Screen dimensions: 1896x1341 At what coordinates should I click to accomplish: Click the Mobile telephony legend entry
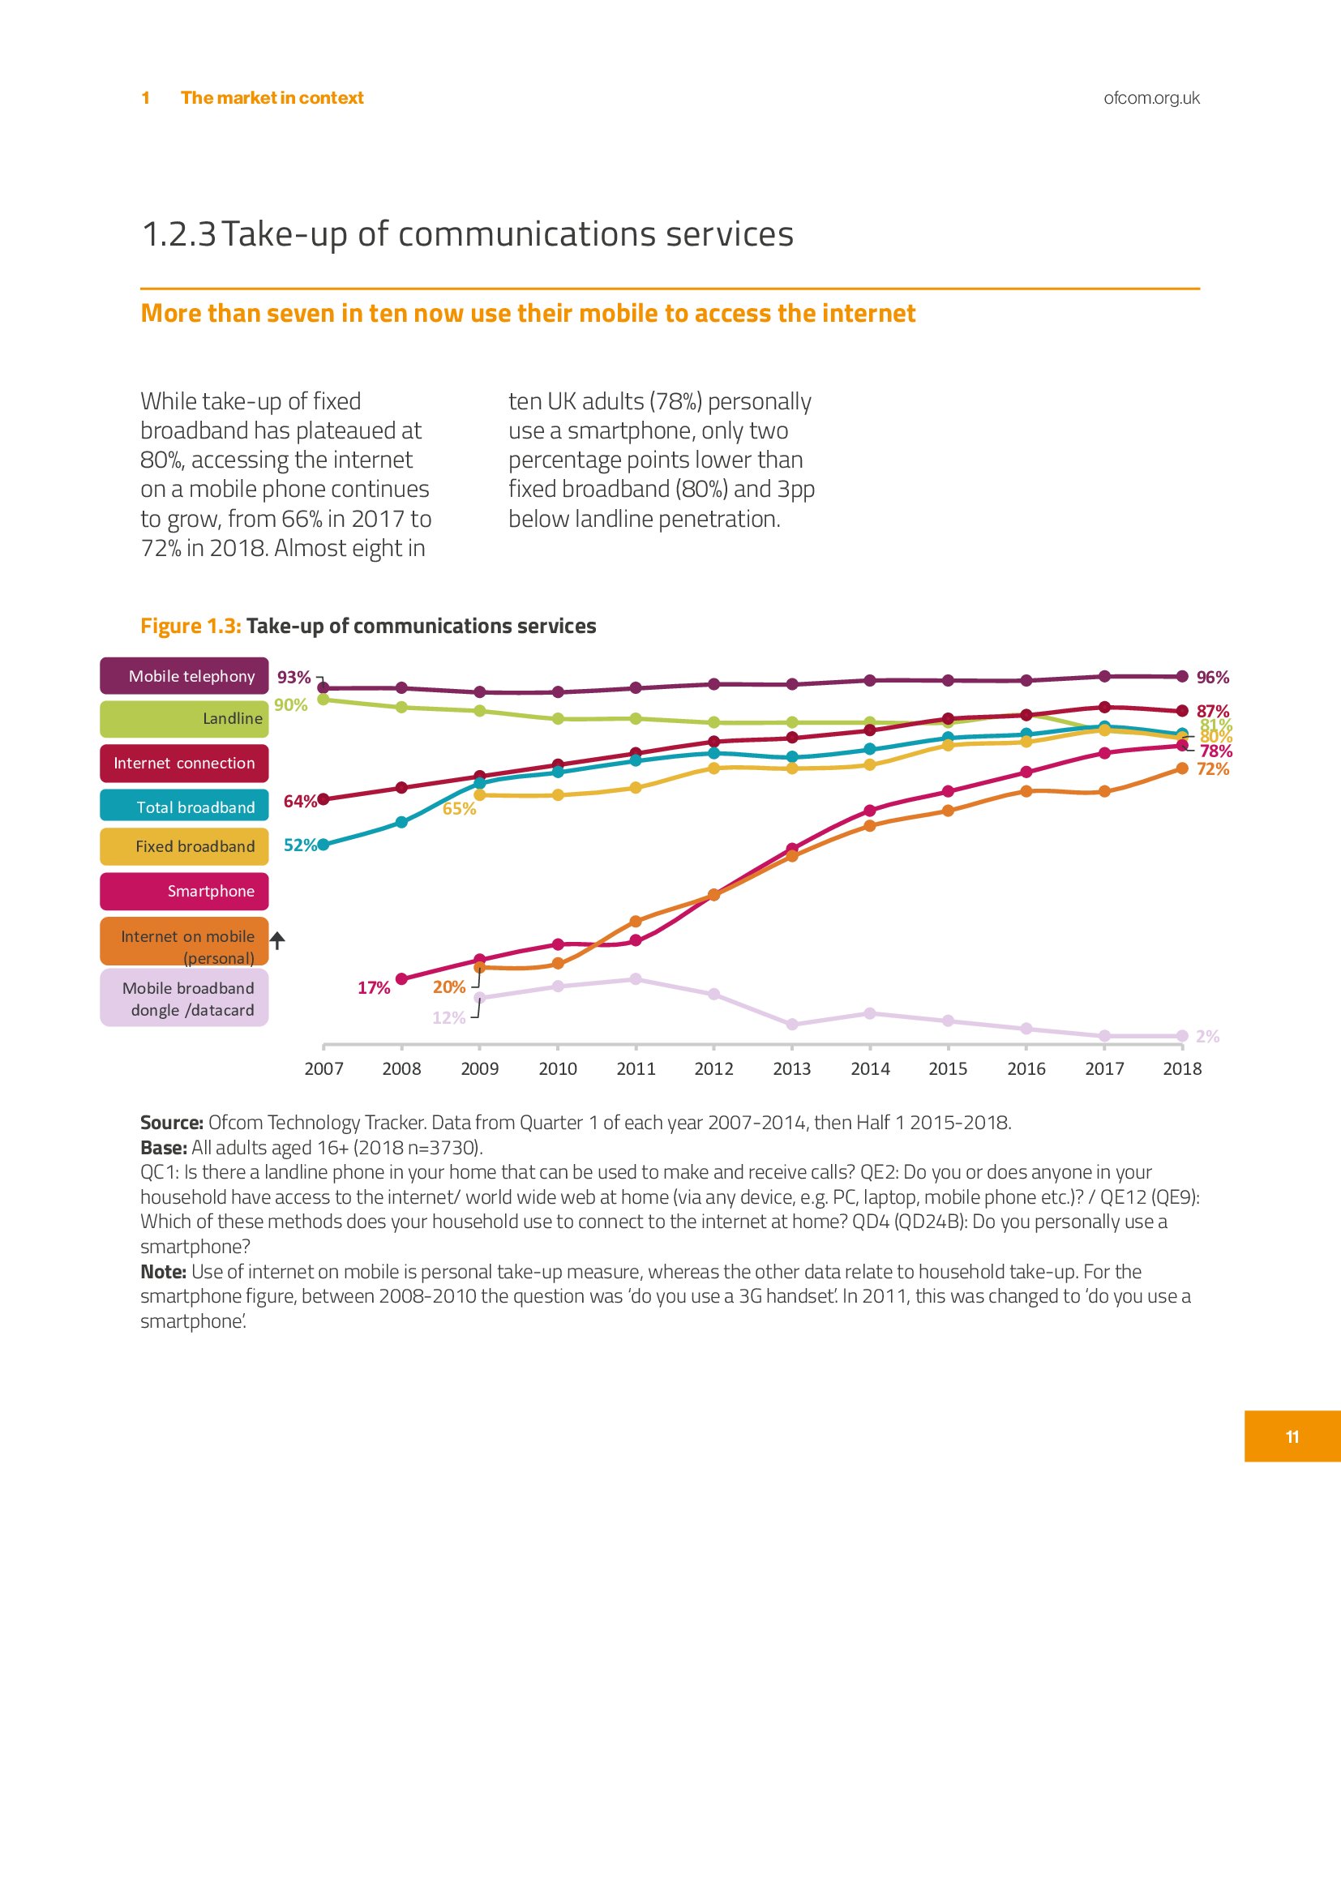coord(184,675)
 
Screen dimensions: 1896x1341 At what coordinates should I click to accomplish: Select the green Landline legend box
coord(184,718)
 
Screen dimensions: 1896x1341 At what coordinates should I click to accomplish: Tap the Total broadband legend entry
coord(184,807)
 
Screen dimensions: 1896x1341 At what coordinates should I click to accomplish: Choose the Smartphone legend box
coord(184,891)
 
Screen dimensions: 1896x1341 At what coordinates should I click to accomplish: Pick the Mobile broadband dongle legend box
coord(184,999)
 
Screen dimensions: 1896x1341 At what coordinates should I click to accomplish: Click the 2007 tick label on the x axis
coord(323,1068)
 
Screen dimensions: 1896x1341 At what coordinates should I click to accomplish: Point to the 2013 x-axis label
coord(792,1068)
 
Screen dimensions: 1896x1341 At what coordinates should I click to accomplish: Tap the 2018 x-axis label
coord(1182,1068)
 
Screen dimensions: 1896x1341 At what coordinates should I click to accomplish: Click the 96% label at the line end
coord(1212,677)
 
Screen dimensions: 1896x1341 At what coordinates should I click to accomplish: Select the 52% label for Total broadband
coord(299,845)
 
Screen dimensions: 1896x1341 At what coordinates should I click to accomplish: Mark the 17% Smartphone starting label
coord(373,987)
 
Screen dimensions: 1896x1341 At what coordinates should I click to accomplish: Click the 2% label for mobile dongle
coord(1207,1037)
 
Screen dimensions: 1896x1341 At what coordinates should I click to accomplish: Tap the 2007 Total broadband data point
coord(323,845)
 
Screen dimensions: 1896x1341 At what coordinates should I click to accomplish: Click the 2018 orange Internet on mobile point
coord(1182,768)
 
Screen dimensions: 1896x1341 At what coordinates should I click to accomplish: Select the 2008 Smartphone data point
coord(402,979)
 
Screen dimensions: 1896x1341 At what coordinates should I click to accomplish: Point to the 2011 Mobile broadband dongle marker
coord(636,979)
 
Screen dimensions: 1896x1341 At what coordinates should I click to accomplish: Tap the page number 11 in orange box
coord(1292,1437)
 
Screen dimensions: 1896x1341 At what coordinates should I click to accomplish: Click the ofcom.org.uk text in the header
coord(1151,97)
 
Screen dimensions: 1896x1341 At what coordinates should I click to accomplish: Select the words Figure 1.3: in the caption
coord(191,626)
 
